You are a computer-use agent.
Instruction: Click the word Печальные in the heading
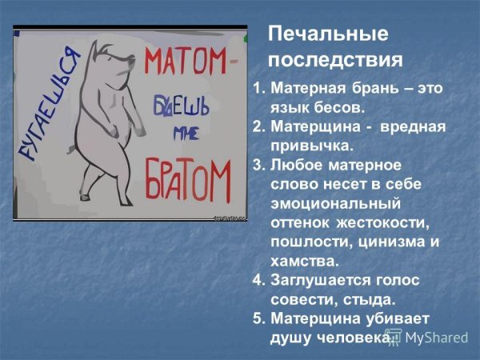(328, 34)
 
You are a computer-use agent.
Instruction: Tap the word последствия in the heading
(335, 60)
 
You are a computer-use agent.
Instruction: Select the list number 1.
(256, 87)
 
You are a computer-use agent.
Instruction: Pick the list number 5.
(257, 318)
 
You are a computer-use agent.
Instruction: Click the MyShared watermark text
(436, 337)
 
